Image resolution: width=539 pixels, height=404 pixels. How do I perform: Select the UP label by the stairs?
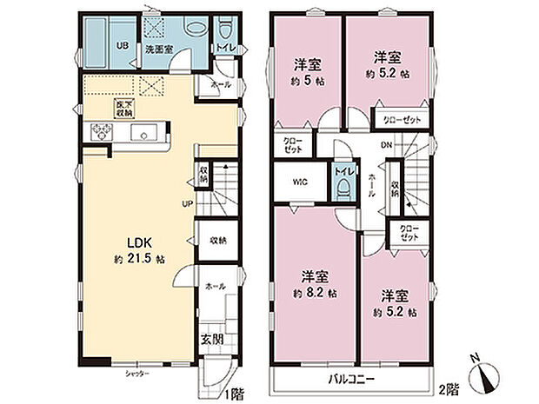click(187, 204)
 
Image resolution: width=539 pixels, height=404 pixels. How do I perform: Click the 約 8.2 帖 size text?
click(314, 295)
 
